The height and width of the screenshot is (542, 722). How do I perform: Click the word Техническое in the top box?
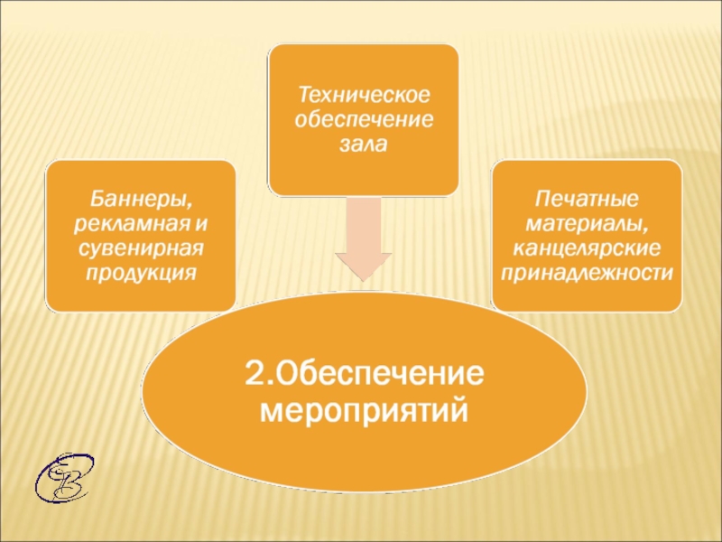(x=363, y=95)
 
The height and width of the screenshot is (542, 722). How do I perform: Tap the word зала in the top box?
(x=363, y=144)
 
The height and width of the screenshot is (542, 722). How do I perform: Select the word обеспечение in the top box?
(x=363, y=119)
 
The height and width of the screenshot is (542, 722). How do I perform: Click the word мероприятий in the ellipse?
(x=365, y=412)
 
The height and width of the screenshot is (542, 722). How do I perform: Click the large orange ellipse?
(x=364, y=452)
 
